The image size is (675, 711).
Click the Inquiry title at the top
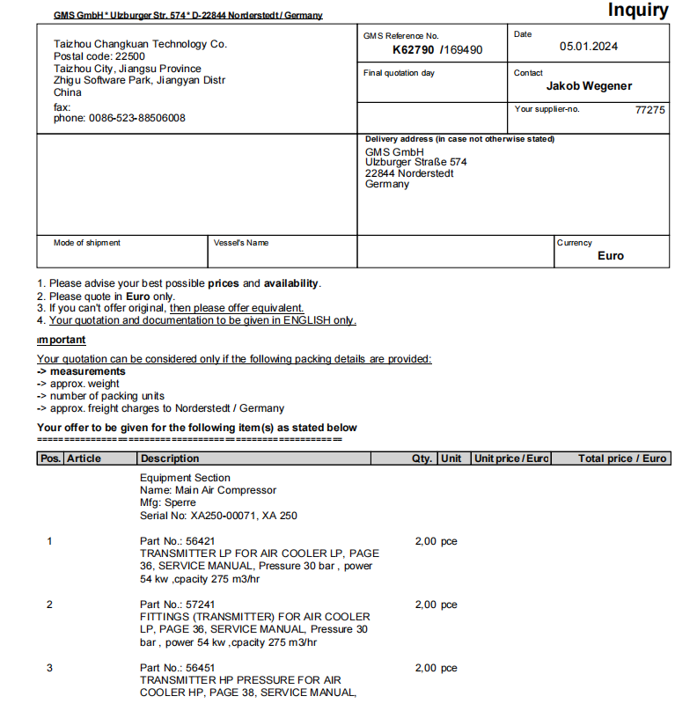point(637,11)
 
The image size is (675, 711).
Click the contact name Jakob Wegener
point(589,86)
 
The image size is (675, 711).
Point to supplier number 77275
point(649,111)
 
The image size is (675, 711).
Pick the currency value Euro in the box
point(610,256)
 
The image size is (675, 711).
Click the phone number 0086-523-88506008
point(120,118)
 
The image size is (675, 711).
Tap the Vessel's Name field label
point(241,243)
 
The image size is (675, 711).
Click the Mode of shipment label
point(87,243)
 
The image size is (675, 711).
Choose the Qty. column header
point(422,458)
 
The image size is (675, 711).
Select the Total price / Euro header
point(622,458)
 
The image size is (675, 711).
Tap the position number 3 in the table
point(49,668)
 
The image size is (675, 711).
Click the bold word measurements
point(87,371)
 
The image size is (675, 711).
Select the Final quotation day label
point(399,73)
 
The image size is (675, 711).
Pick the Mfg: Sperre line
point(168,502)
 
